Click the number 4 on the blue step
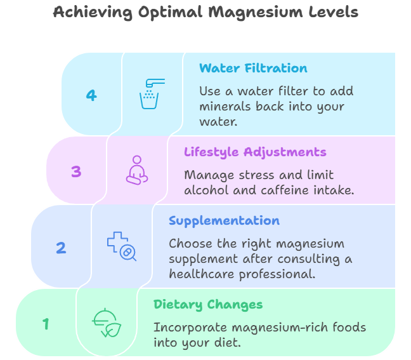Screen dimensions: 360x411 point(91,95)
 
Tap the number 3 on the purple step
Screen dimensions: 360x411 point(76,171)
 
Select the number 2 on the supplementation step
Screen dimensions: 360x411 point(61,248)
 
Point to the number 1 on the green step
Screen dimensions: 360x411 point(46,324)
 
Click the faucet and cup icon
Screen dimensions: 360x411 point(151,94)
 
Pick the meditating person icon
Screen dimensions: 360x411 point(136,170)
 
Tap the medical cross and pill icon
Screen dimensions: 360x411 point(121,246)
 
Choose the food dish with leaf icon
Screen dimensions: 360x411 point(106,323)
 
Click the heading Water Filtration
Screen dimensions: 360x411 point(244,69)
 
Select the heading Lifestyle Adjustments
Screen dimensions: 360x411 point(255,152)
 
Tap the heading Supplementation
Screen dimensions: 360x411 point(224,221)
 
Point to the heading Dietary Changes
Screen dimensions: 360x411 point(208,305)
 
